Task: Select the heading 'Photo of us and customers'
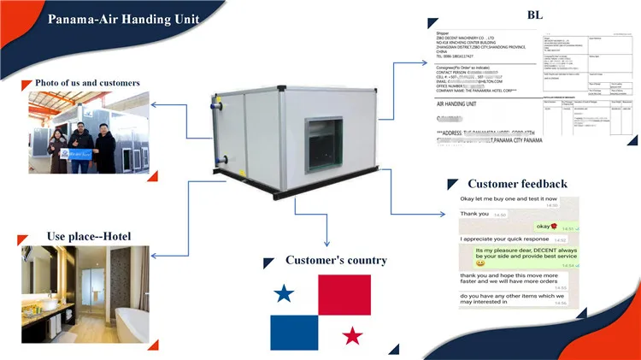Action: click(88, 83)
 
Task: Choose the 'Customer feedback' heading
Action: click(517, 184)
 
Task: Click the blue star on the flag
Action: click(285, 295)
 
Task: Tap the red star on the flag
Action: click(352, 335)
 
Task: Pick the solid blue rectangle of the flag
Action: click(294, 333)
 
